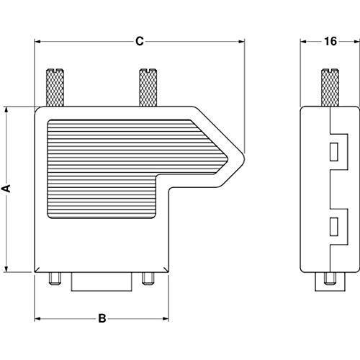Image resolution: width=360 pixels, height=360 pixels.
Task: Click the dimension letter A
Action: click(6, 189)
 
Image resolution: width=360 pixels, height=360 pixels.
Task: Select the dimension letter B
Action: click(102, 318)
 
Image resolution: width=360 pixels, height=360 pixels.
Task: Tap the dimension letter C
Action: click(140, 42)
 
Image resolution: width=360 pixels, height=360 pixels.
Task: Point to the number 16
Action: click(330, 42)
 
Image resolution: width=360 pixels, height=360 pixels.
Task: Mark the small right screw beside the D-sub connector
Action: click(148, 279)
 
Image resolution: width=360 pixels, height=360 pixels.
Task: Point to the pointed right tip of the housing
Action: click(243, 153)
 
